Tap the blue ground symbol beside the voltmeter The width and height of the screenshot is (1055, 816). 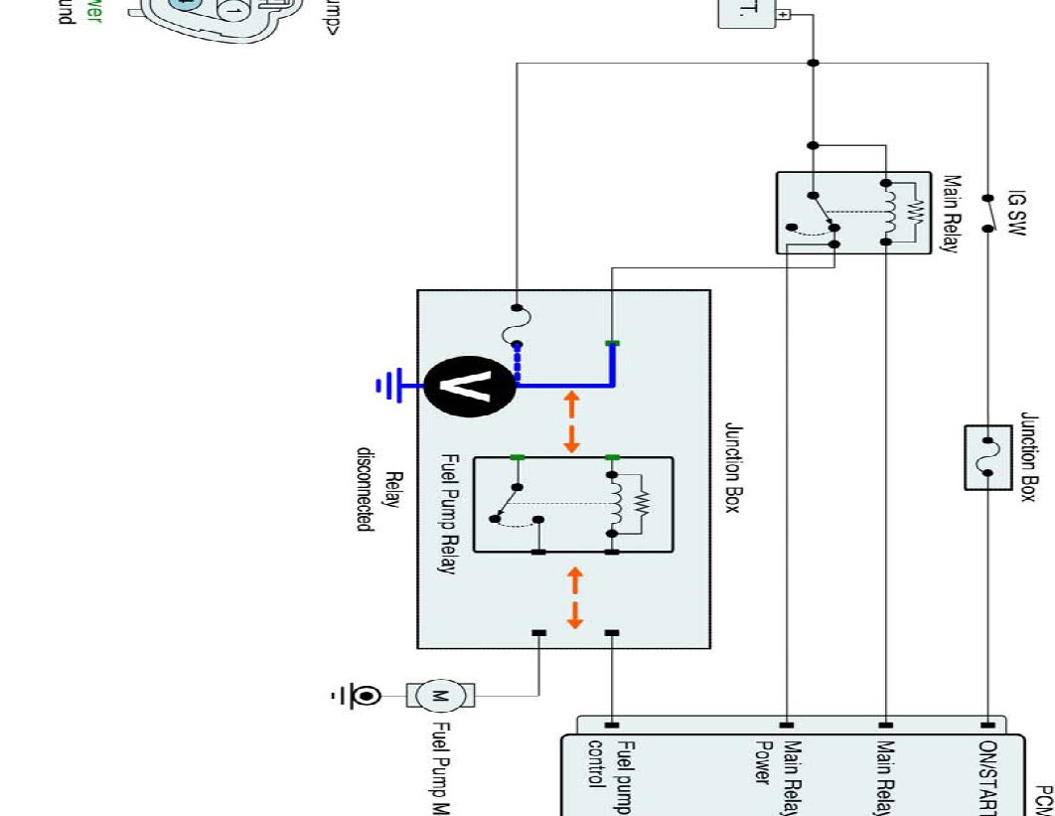click(x=387, y=385)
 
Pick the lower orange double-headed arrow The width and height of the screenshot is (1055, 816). click(x=574, y=598)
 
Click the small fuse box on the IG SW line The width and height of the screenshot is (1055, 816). click(x=988, y=457)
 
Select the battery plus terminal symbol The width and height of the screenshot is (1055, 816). click(x=784, y=15)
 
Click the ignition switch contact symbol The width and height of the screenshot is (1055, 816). click(x=988, y=213)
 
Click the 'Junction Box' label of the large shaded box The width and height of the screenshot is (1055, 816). click(x=733, y=467)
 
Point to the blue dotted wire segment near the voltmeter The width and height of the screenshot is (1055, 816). click(x=518, y=364)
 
